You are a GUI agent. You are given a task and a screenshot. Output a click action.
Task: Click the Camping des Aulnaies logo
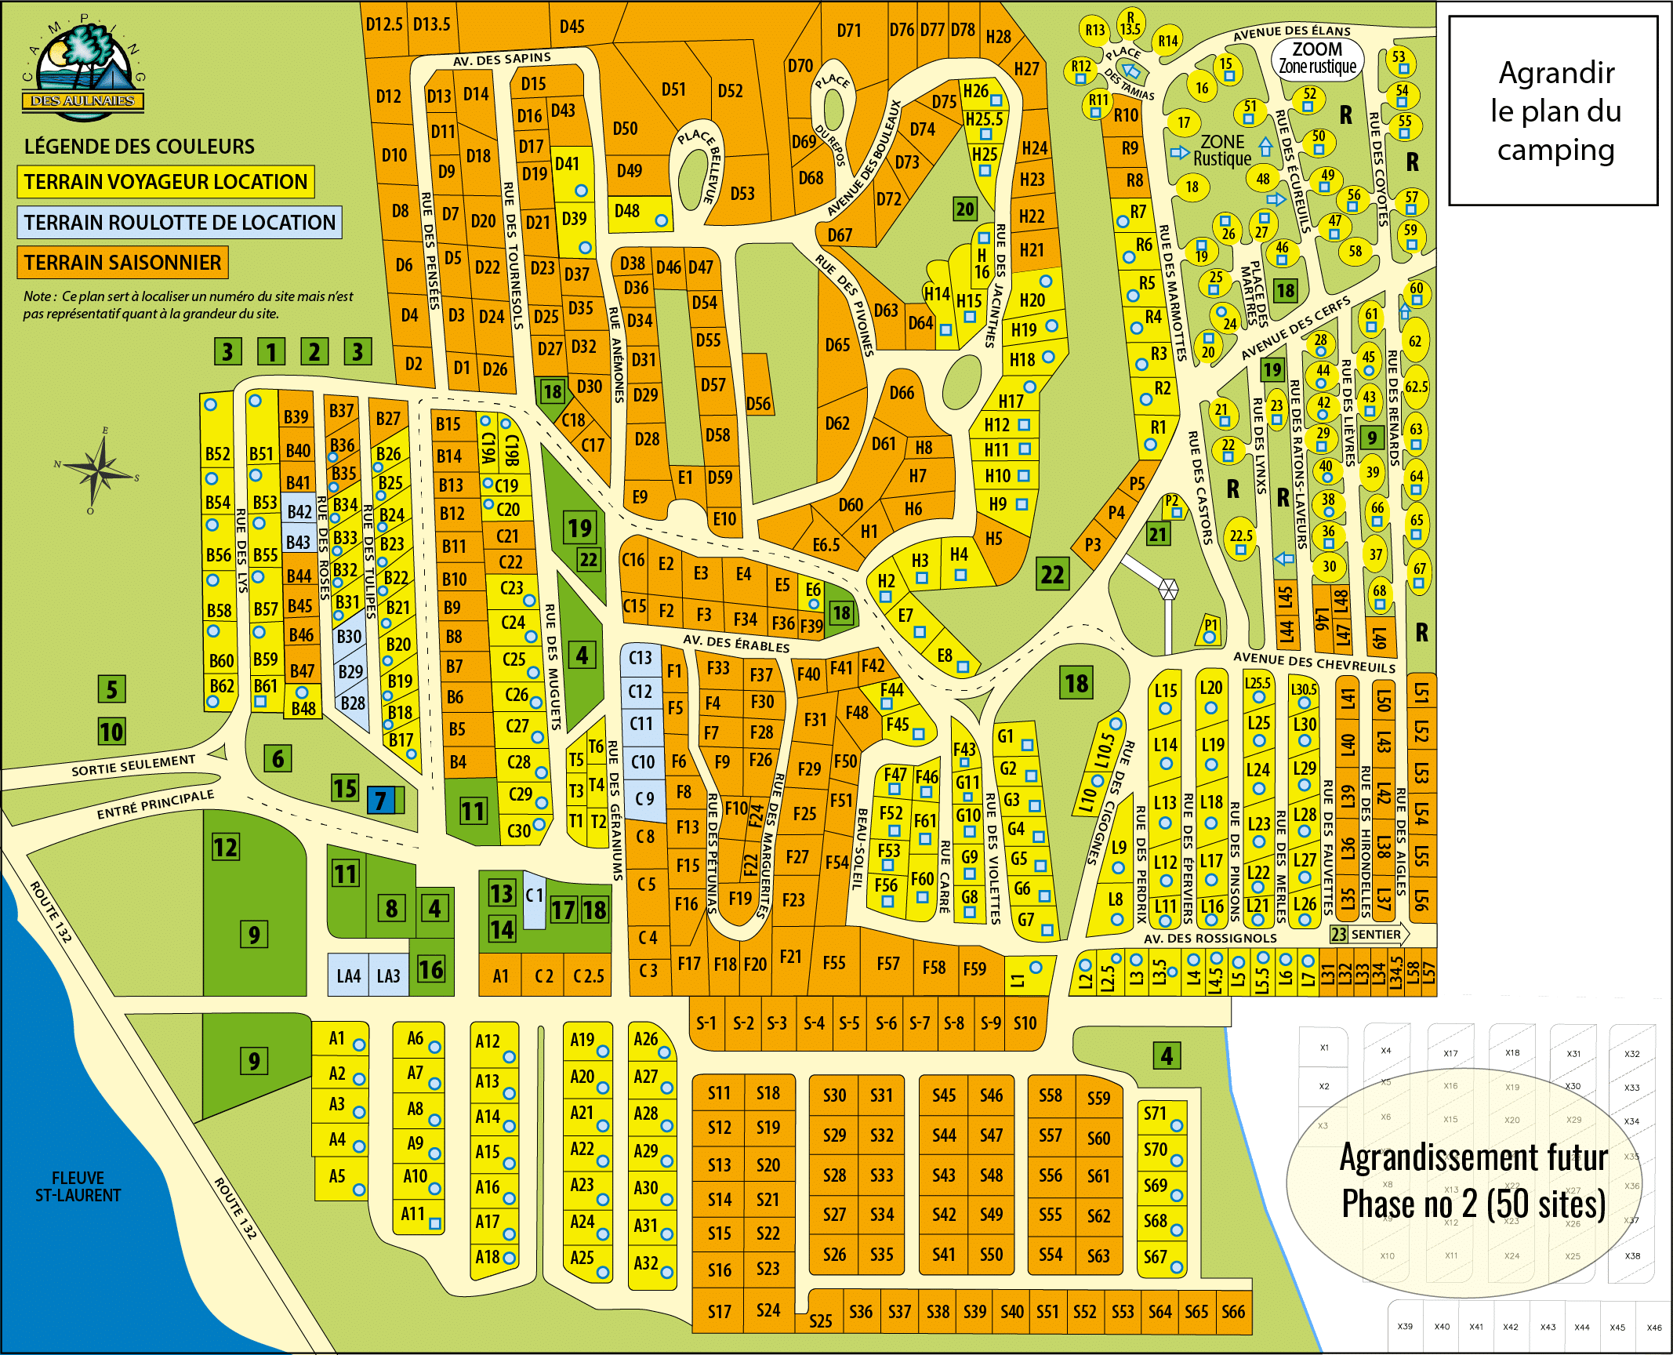pyautogui.click(x=83, y=72)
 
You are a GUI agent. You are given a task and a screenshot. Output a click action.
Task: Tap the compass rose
pyautogui.click(x=98, y=470)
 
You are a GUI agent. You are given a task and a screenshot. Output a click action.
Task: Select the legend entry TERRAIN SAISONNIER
pyautogui.click(x=122, y=263)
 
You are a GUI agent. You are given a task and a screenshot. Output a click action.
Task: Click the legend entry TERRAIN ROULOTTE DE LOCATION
pyautogui.click(x=179, y=223)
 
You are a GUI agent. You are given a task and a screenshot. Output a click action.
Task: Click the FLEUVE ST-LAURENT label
pyautogui.click(x=77, y=1186)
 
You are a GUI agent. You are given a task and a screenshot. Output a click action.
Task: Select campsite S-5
pyautogui.click(x=849, y=1023)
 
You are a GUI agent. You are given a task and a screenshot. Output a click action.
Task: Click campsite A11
pyautogui.click(x=413, y=1215)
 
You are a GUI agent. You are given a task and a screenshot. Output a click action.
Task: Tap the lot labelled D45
pyautogui.click(x=572, y=27)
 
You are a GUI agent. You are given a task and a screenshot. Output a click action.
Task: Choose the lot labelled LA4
pyautogui.click(x=348, y=976)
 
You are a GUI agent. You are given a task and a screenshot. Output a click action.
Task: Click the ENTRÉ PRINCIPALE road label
pyautogui.click(x=154, y=805)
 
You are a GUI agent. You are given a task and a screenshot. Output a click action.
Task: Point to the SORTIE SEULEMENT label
pyautogui.click(x=133, y=765)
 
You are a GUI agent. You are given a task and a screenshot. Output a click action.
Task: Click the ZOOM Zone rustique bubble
pyautogui.click(x=1317, y=58)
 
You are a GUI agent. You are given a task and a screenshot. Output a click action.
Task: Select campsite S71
pyautogui.click(x=1156, y=1114)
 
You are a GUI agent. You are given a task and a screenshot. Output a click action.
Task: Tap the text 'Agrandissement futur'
pyautogui.click(x=1473, y=1158)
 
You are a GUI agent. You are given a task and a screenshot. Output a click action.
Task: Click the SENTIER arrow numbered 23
pyautogui.click(x=1368, y=935)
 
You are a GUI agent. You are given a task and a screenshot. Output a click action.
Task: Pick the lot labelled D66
pyautogui.click(x=902, y=393)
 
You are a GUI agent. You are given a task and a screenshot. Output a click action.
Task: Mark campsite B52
pyautogui.click(x=217, y=455)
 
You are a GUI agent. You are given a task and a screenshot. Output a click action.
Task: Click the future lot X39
pyautogui.click(x=1405, y=1327)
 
